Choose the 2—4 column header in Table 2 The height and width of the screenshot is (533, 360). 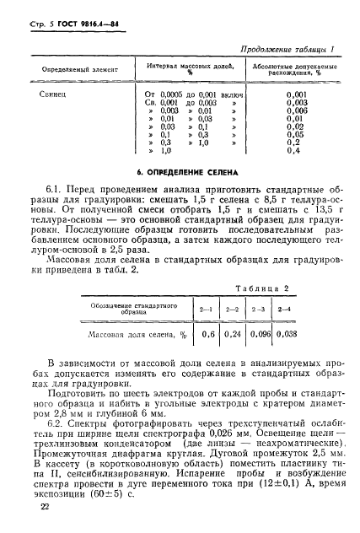tap(286, 310)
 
